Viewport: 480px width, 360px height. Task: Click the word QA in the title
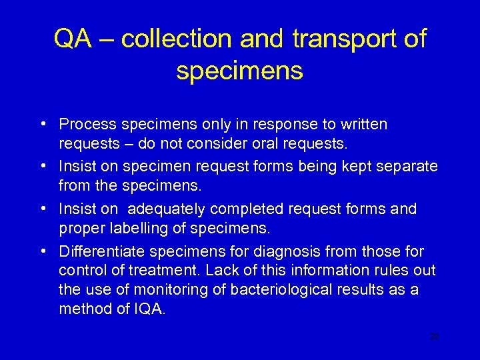click(72, 39)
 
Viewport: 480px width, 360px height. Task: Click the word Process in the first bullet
click(83, 125)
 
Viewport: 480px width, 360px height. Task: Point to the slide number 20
click(435, 338)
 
